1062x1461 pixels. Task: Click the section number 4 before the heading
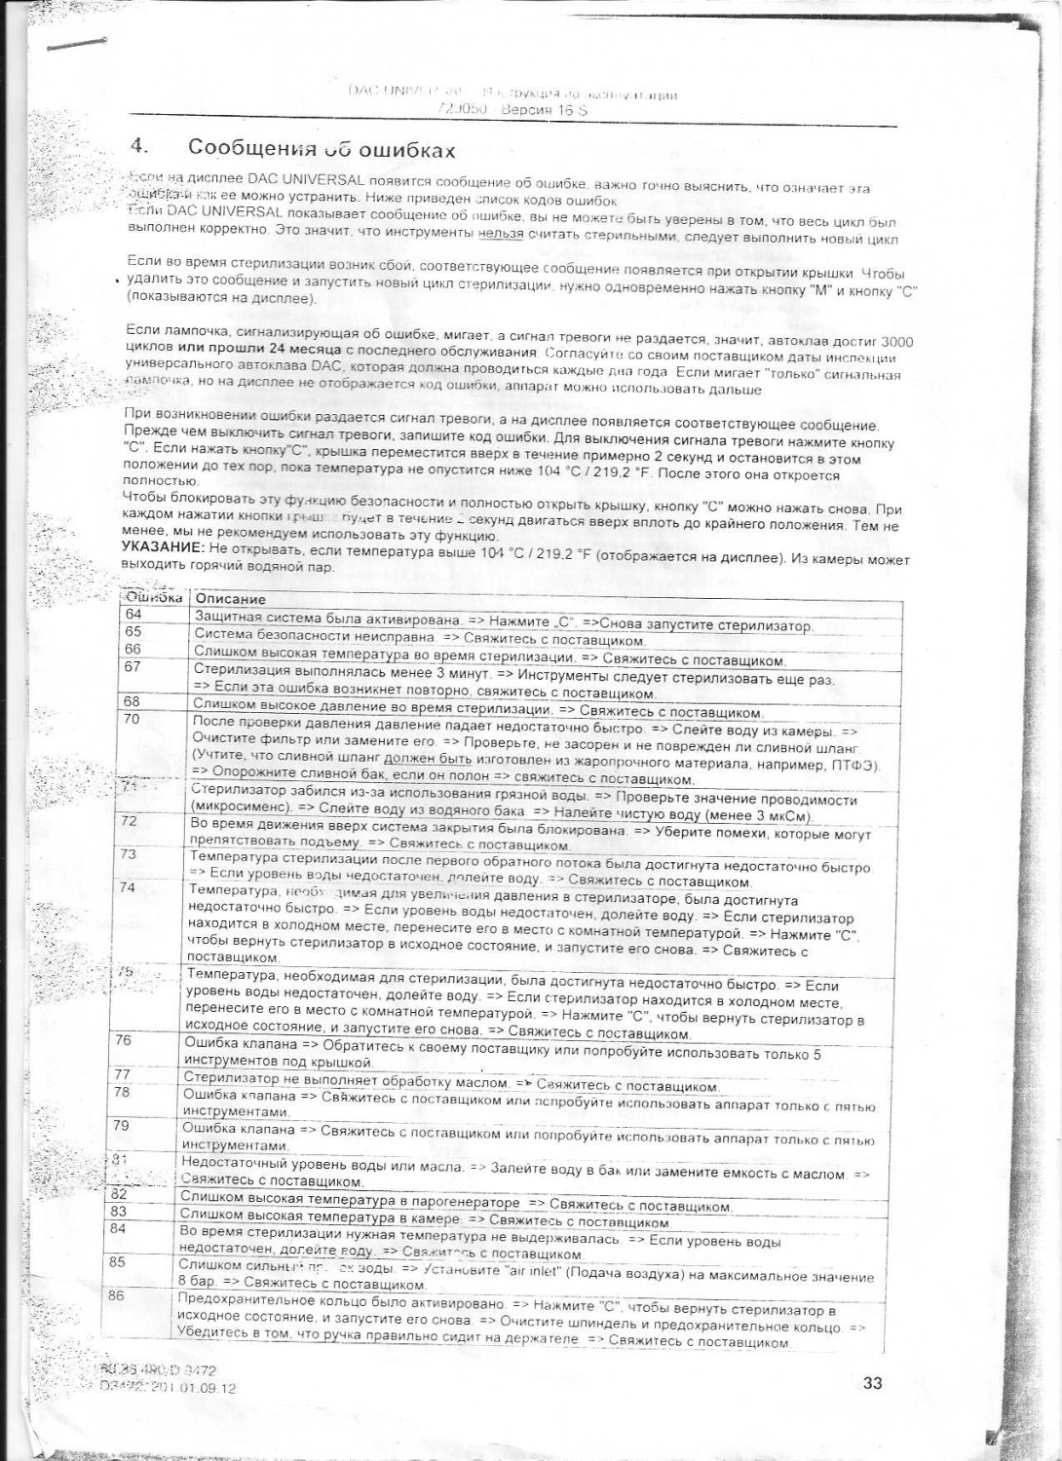138,146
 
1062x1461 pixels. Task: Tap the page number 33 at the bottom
872,1381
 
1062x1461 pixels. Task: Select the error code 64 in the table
133,614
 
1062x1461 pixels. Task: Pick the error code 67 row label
133,666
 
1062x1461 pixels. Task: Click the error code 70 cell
132,719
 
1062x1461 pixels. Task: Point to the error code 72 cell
129,821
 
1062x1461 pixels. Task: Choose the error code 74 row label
127,887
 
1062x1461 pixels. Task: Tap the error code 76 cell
123,1040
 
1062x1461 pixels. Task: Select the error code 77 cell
122,1074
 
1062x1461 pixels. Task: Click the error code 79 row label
121,1125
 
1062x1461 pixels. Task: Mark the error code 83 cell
119,1211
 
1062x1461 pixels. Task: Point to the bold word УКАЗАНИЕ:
156,547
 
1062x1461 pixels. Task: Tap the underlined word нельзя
502,234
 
